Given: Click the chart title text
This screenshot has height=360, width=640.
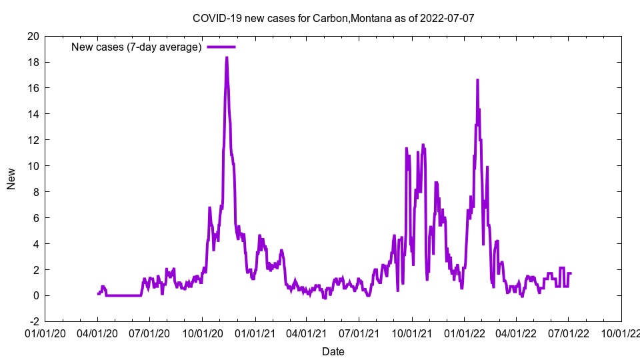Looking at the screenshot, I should (333, 18).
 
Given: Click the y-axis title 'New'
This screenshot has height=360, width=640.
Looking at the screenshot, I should (11, 179).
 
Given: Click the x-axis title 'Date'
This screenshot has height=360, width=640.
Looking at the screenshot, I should (333, 351).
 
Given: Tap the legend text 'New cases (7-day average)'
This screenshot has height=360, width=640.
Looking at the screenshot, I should (136, 47).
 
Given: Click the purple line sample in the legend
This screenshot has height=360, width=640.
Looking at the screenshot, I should (221, 47).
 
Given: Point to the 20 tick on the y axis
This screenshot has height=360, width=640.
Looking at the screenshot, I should (33, 36).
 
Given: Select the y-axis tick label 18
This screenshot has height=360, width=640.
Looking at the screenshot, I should (33, 62).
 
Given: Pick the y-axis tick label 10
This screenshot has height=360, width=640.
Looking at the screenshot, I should (33, 166).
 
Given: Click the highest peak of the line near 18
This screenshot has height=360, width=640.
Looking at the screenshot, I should (227, 57).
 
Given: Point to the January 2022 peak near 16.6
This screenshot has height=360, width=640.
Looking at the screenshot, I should (477, 80).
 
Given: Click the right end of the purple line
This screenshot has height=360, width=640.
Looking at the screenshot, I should (571, 273).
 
